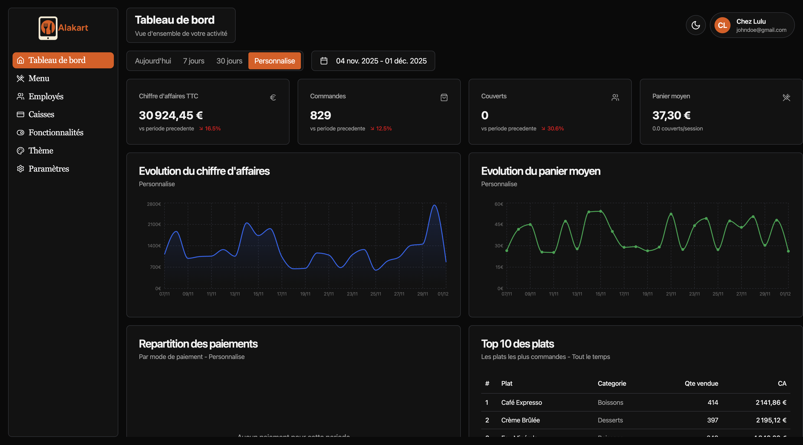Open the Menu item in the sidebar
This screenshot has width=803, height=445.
coord(39,78)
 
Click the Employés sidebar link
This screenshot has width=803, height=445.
coord(46,96)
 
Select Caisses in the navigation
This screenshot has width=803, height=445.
coord(41,114)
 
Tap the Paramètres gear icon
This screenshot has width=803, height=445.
coord(21,169)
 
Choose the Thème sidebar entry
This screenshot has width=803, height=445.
coord(41,151)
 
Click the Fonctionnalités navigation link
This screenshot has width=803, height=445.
coord(56,133)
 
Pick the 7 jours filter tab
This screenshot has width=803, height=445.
coord(194,61)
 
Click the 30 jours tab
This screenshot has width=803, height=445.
coord(229,61)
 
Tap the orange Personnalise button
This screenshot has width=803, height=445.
coord(274,61)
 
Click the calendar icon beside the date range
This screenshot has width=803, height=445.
coord(324,61)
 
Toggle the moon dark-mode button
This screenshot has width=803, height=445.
coord(695,25)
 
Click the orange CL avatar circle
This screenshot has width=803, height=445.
coord(722,25)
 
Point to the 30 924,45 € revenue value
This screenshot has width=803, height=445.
coord(171,115)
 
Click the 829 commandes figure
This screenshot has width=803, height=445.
coord(320,115)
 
